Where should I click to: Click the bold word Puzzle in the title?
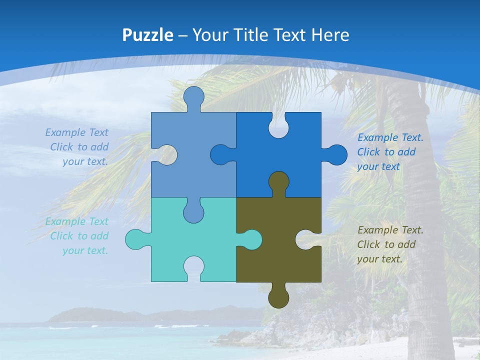click(147, 35)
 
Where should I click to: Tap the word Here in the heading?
click(330, 35)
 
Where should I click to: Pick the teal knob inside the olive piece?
click(250, 239)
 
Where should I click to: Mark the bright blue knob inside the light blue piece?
click(221, 155)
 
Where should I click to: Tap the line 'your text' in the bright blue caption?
click(378, 166)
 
